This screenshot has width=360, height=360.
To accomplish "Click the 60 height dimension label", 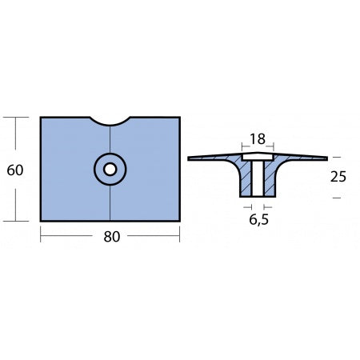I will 13,169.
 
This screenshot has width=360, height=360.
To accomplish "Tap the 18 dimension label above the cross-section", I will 257,139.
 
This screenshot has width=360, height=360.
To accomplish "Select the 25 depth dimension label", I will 337,176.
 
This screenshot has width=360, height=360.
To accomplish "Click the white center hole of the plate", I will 110,169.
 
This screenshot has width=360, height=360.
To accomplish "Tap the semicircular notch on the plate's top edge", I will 110,122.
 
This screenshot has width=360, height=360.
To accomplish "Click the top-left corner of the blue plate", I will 42,118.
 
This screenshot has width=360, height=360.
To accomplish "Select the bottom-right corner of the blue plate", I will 179,220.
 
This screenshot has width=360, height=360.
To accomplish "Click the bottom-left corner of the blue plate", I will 42,220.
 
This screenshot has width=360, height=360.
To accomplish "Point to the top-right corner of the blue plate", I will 179,118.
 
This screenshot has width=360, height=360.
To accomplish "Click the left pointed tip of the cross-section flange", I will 189,158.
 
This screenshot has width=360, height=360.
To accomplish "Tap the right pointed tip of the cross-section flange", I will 326,158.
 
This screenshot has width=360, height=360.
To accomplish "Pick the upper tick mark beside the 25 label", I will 336,157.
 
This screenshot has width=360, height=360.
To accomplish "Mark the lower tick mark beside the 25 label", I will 336,197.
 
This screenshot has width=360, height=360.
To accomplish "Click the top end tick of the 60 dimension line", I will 13,118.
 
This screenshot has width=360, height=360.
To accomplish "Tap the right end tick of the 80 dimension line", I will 179,236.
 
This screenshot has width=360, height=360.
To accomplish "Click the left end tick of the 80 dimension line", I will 42,236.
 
